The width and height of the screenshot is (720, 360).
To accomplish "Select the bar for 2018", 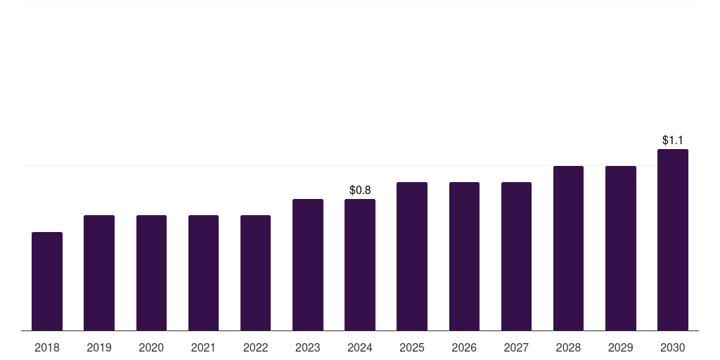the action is tap(47, 281).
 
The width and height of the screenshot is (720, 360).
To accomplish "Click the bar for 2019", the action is tap(99, 273).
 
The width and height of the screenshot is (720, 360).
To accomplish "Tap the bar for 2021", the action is tap(203, 273).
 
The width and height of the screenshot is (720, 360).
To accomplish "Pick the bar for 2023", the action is tap(308, 265).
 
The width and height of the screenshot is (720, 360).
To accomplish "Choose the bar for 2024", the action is tap(360, 265).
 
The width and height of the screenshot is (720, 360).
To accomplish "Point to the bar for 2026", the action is tap(464, 256).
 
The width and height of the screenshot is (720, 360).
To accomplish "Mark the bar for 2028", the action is tap(568, 248).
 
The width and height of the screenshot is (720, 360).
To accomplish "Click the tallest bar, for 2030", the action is tap(673, 240).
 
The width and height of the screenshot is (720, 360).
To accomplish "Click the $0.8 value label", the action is tap(360, 190).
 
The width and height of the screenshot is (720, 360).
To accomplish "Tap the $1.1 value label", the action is tap(673, 140).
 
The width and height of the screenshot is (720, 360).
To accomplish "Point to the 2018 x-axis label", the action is tap(47, 348).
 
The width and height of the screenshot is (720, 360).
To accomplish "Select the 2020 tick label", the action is tap(151, 348).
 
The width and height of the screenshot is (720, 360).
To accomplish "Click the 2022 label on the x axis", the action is tap(255, 348).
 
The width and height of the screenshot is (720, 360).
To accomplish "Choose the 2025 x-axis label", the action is tap(412, 348).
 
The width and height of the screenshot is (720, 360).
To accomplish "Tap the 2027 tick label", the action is tap(516, 348).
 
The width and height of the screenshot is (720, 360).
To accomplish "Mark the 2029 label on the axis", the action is tap(620, 348).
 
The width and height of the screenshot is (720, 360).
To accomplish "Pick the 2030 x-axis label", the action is tap(673, 348).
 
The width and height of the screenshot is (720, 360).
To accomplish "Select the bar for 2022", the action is tap(255, 273).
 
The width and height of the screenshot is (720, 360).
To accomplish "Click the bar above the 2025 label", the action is tap(412, 256).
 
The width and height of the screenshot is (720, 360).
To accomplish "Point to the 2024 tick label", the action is tap(360, 348).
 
